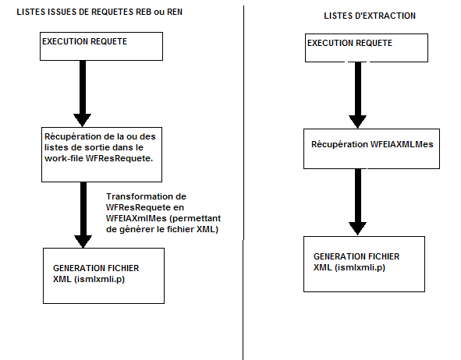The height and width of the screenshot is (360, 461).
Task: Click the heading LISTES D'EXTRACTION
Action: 370,16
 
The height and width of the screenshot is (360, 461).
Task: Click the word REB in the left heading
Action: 144,12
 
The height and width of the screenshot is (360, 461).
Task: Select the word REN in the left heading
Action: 175,12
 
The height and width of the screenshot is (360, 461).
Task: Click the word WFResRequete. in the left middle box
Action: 119,158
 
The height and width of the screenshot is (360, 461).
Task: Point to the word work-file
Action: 64,158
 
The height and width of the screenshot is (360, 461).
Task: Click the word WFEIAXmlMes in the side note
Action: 137,218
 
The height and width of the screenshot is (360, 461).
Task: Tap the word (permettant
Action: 195,218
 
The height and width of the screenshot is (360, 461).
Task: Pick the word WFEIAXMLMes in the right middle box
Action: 402,144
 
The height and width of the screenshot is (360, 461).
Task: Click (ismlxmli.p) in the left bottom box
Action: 99,279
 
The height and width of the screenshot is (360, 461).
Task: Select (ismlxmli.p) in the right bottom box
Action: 360,267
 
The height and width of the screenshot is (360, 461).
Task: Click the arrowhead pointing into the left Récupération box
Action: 83,121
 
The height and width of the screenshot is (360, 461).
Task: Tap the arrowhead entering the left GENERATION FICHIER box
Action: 83,242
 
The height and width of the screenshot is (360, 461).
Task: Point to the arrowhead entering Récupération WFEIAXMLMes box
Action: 357,122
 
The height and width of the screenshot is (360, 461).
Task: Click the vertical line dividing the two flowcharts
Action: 243,182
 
